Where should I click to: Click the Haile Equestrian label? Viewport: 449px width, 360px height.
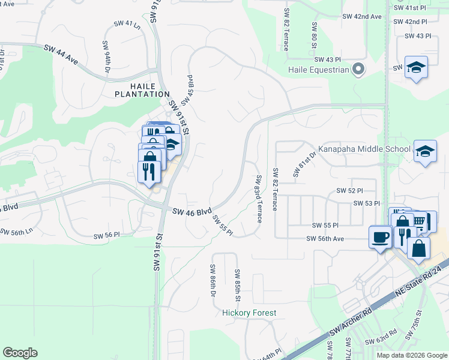click(318, 70)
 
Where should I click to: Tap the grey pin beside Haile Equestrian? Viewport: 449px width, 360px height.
click(358, 70)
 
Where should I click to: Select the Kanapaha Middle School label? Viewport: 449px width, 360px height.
click(365, 149)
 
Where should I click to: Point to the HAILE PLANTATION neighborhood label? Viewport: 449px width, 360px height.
click(142, 89)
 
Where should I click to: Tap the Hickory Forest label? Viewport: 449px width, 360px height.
click(249, 313)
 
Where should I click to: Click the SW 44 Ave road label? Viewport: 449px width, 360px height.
click(61, 54)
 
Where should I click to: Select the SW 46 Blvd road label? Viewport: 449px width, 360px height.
click(192, 211)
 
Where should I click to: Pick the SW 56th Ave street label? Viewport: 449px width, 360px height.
click(325, 238)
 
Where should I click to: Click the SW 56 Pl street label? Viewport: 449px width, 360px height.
click(107, 235)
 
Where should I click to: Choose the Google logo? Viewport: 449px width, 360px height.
click(20, 353)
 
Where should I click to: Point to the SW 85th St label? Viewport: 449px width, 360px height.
click(238, 286)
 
